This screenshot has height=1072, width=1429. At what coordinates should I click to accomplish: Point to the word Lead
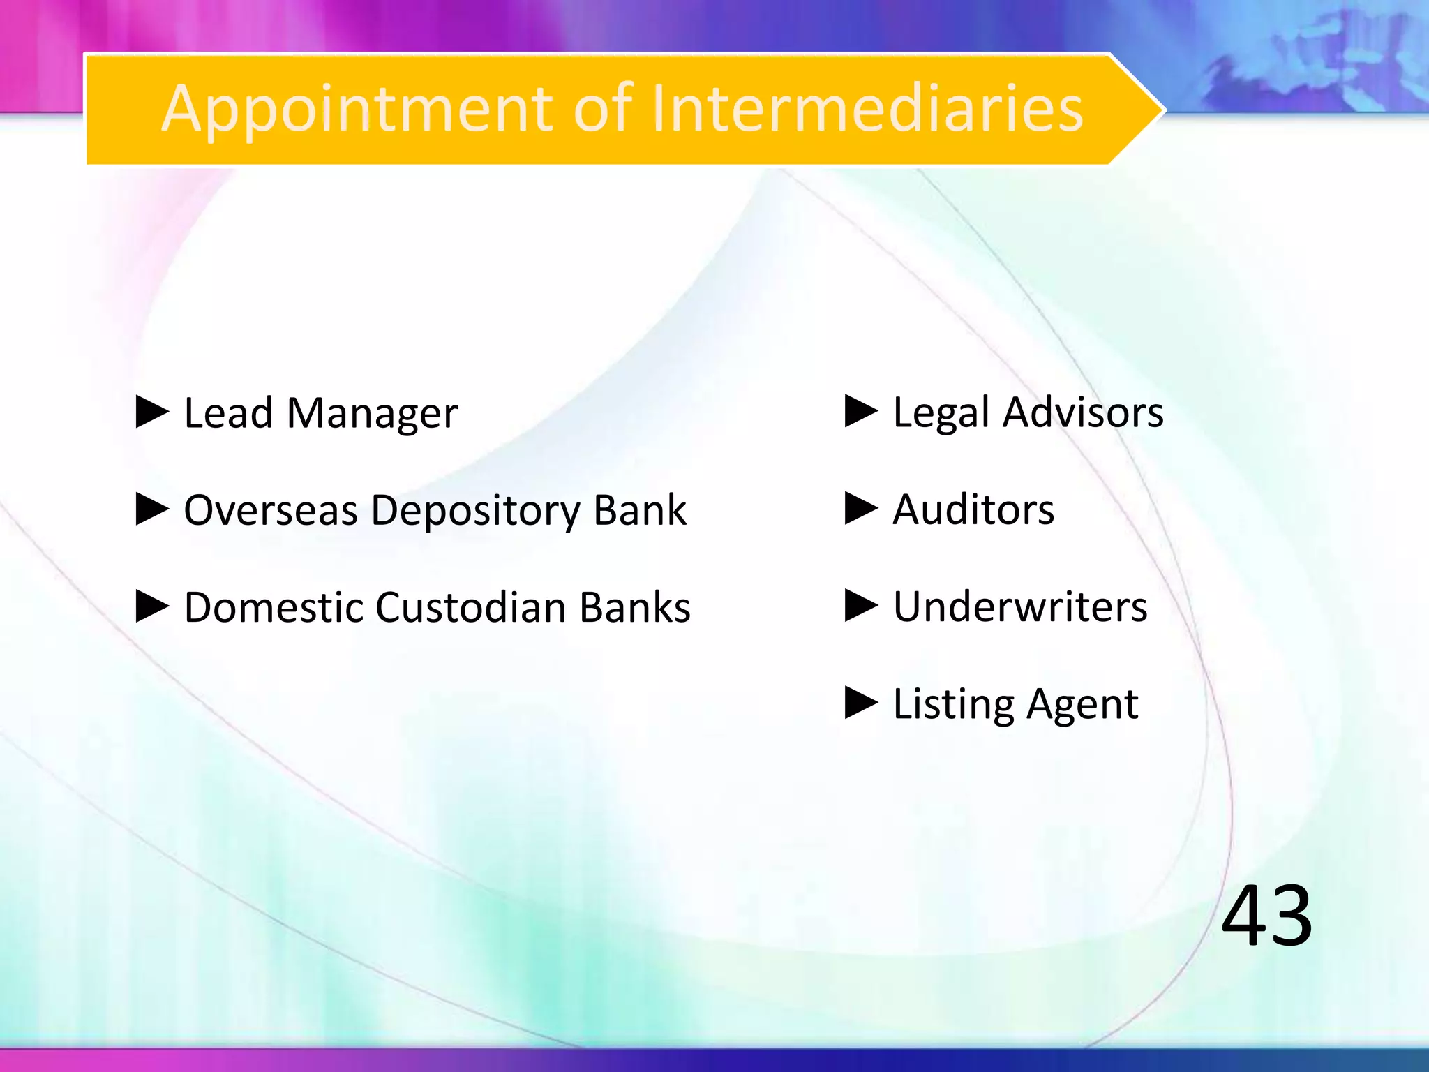tap(227, 412)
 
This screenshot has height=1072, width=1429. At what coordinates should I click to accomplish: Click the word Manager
tap(373, 414)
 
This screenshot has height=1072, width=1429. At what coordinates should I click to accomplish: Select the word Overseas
tap(271, 510)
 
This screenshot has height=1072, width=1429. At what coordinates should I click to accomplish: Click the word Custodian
tap(471, 607)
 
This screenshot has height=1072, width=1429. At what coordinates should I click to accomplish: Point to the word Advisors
tap(1083, 412)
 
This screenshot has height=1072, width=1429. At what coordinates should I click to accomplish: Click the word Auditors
tap(973, 509)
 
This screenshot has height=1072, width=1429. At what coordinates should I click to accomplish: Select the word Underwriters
tap(1020, 606)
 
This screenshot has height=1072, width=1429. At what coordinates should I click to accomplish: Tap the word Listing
tap(953, 705)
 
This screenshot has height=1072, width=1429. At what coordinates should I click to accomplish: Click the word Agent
tap(1082, 705)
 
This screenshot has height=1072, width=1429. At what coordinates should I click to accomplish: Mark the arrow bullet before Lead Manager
tap(153, 412)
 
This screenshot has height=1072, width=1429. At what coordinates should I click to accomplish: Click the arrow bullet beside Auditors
tap(861, 509)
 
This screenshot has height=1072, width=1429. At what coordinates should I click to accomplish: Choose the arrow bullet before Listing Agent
tap(861, 703)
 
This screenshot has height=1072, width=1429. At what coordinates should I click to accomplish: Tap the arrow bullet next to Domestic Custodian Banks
tap(153, 606)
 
